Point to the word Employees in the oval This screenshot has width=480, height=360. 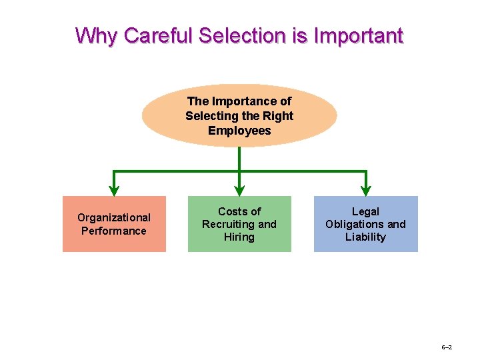pos(239,131)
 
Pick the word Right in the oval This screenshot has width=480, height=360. pos(279,116)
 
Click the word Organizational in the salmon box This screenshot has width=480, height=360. pos(114,217)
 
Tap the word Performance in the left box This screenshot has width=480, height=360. pos(114,231)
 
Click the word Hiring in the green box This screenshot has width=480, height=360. pos(239,237)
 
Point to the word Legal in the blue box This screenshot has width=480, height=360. pos(365,211)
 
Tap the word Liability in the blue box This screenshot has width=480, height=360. pos(365,237)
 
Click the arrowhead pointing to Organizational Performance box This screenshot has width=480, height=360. pos(114,190)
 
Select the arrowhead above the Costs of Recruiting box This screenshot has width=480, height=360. pos(239,190)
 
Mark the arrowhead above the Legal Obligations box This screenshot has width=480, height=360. pos(366,190)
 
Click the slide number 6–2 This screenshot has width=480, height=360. pos(447,348)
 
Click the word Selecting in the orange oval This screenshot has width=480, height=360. pos(211,116)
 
